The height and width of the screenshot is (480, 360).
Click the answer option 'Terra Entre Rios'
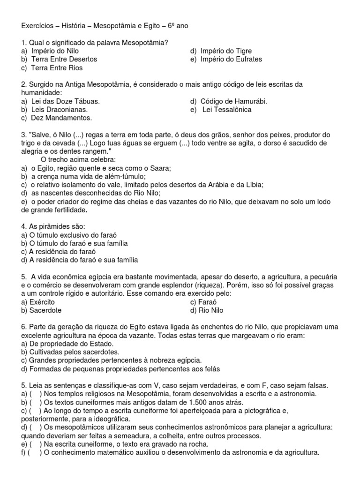pos(57,68)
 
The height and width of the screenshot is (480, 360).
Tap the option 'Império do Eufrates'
pos(232,60)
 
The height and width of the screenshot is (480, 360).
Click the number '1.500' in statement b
pos(197,402)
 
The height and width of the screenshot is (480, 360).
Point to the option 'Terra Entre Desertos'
pos(64,60)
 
